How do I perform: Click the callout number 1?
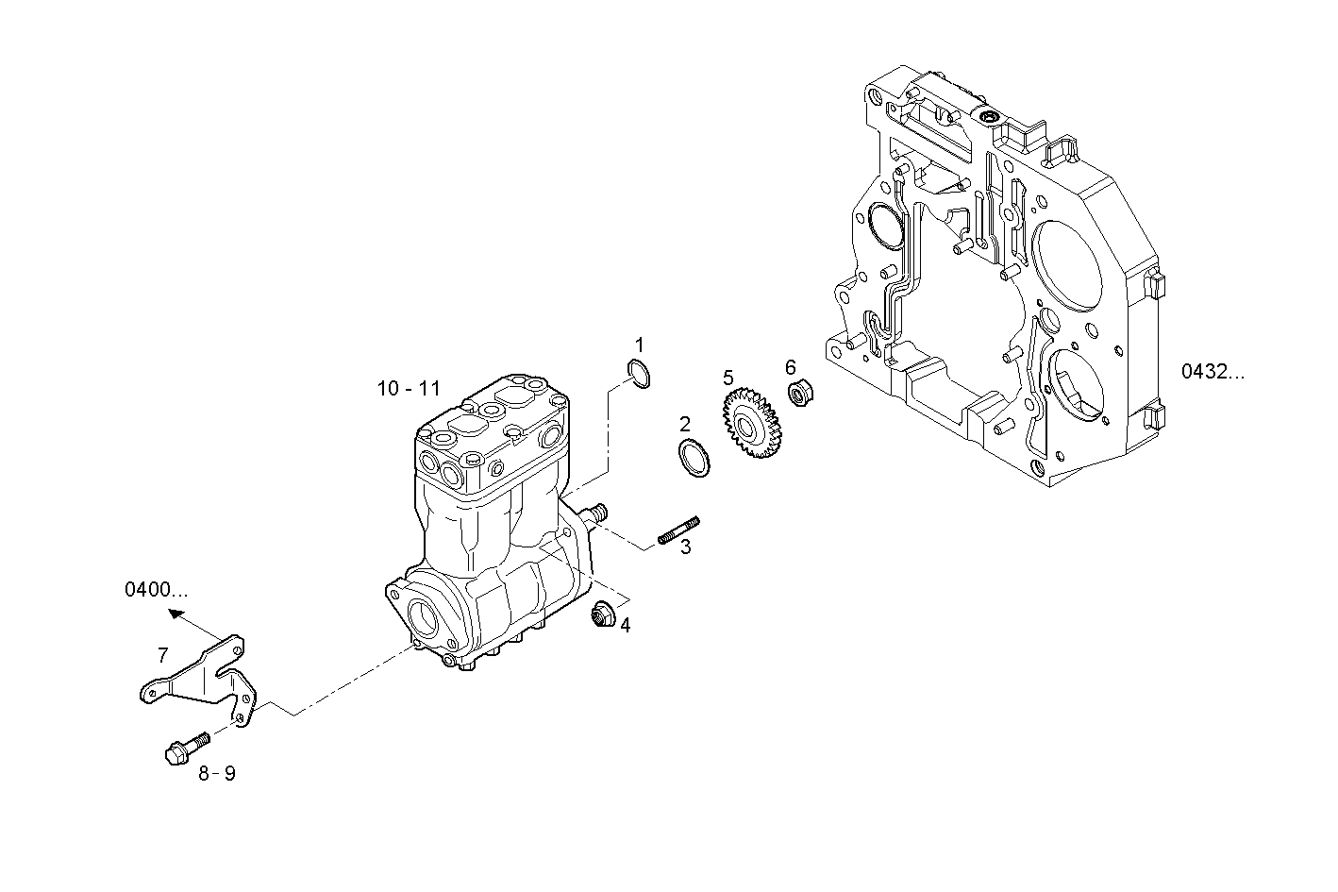(639, 344)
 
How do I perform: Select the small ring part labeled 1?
(640, 375)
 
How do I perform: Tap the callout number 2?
(685, 424)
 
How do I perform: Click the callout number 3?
(686, 547)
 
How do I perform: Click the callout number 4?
(625, 625)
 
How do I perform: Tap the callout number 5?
(728, 378)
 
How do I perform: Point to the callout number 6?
(791, 366)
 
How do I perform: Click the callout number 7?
(162, 654)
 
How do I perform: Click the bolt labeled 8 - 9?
(183, 749)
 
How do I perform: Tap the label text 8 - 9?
(217, 774)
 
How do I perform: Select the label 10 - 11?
(409, 388)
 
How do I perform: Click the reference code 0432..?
(1213, 372)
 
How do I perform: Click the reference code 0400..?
(157, 590)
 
